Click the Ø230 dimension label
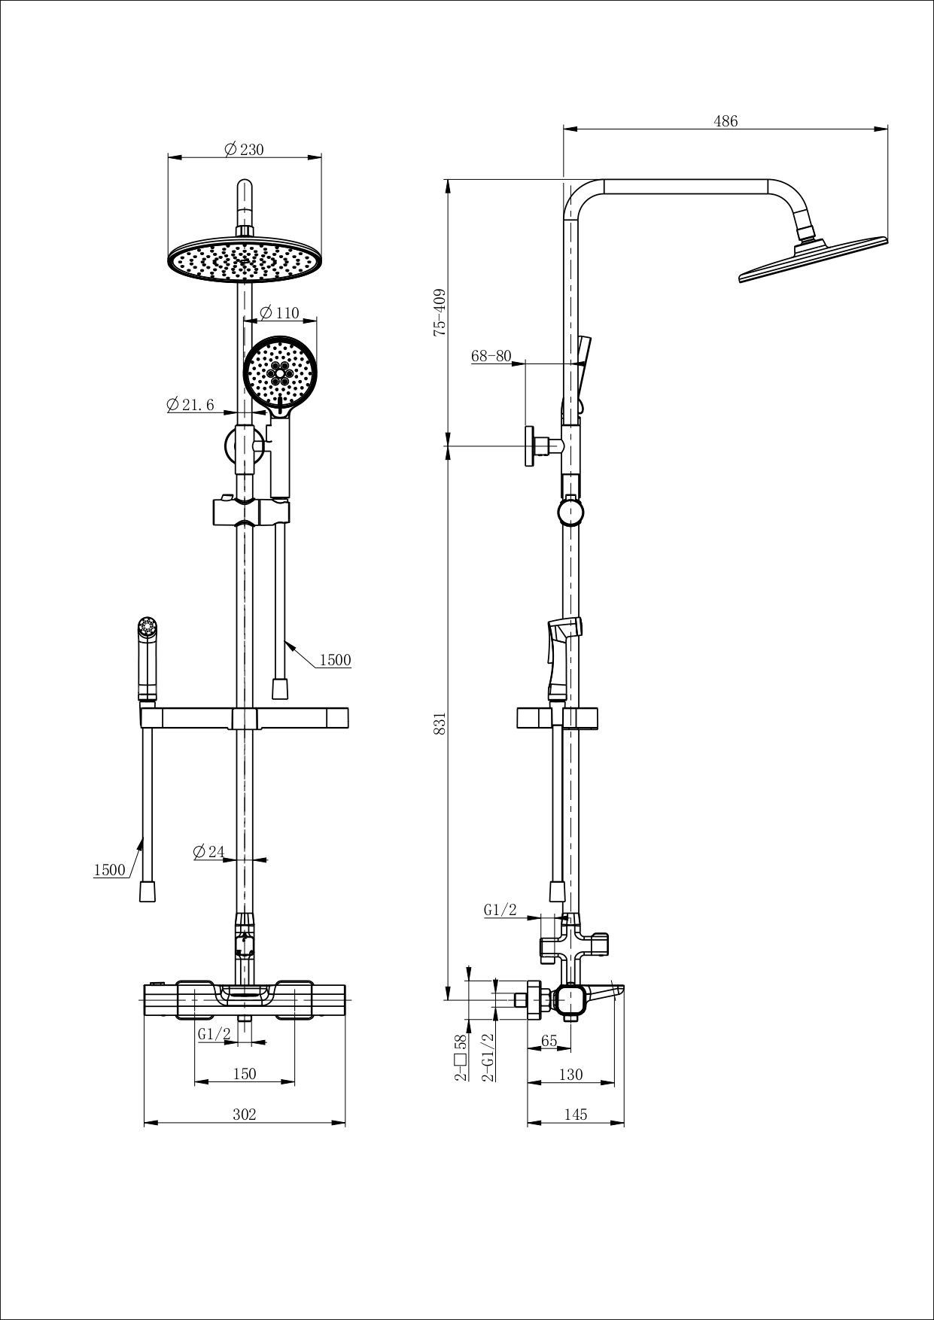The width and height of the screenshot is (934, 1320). (x=245, y=150)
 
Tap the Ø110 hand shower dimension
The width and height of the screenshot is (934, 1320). (x=280, y=313)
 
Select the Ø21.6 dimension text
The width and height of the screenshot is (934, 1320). (x=190, y=405)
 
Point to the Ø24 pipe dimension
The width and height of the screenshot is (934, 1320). (x=208, y=852)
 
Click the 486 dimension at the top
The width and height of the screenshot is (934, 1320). (x=725, y=121)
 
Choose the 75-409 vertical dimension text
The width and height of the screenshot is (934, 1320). (x=440, y=312)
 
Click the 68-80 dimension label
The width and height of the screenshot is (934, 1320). (x=491, y=356)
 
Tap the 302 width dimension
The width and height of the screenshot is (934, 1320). (x=244, y=1115)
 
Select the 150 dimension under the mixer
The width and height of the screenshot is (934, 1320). (x=244, y=1074)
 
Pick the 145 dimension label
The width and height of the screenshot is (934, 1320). (x=575, y=1115)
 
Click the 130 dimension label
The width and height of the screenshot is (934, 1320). (x=570, y=1075)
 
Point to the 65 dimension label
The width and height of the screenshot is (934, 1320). (x=549, y=1041)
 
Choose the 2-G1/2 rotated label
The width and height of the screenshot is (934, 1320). (x=488, y=1057)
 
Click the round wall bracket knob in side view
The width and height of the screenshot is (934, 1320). (x=570, y=512)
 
